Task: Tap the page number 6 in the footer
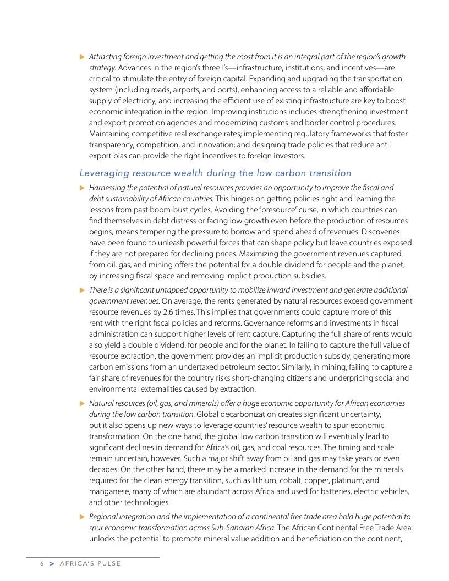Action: (41, 564)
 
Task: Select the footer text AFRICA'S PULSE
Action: (90, 564)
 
